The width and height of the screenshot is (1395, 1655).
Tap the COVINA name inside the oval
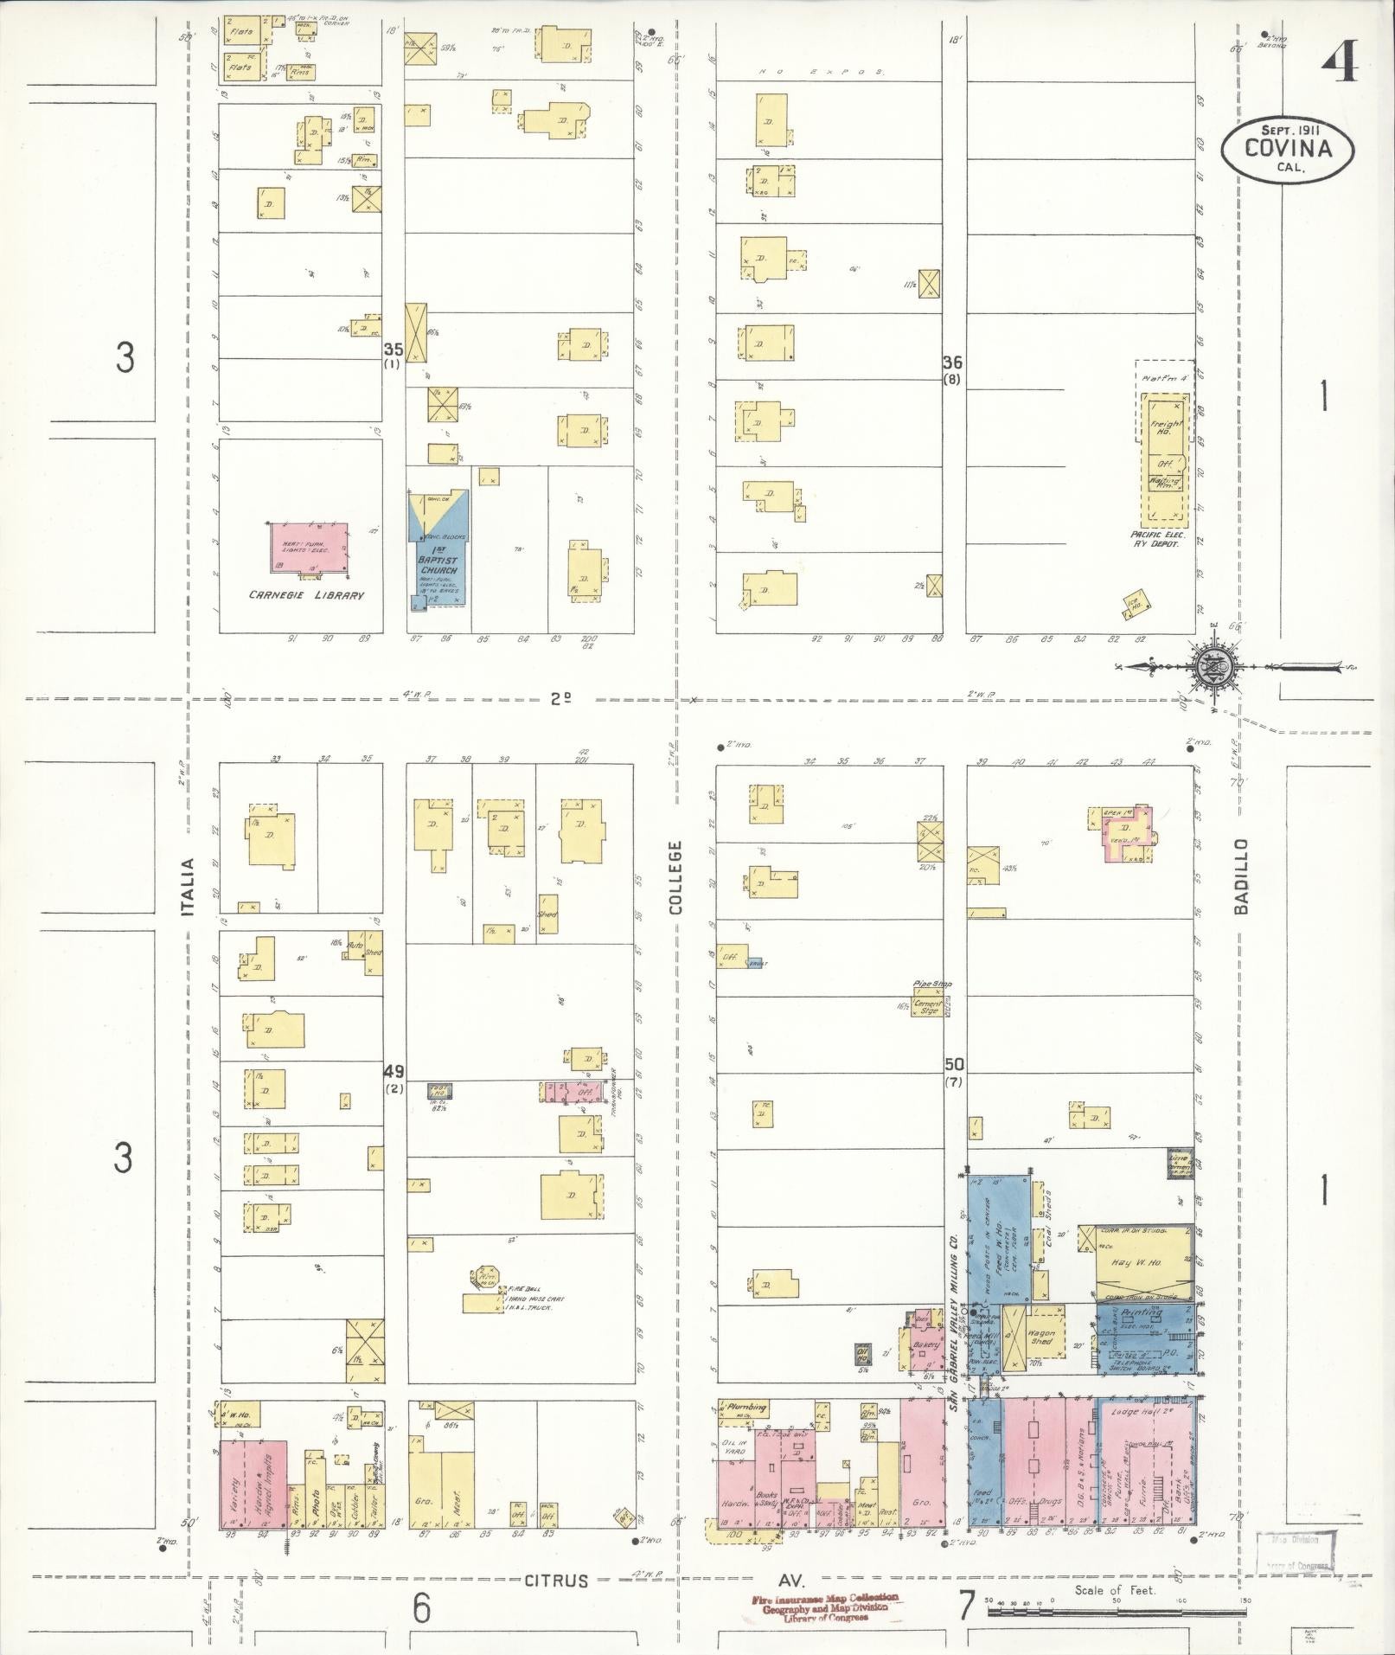click(1288, 147)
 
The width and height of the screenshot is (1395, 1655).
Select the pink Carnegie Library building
click(310, 548)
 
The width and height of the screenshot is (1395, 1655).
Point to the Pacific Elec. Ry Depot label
click(1156, 540)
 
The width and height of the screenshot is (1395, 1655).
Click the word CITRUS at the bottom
click(555, 1580)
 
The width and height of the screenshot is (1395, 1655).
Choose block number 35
click(393, 350)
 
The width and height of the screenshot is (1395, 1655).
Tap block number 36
click(952, 362)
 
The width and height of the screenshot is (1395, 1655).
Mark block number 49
click(394, 1071)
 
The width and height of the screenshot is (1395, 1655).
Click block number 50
click(954, 1064)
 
